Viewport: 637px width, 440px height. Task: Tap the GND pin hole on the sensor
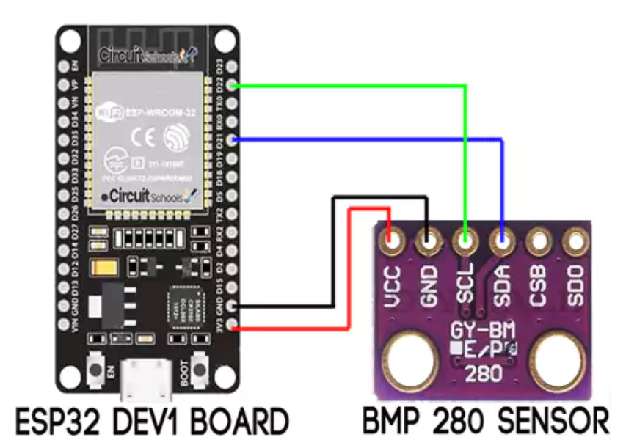pos(429,239)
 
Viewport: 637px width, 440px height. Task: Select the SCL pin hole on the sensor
pos(465,239)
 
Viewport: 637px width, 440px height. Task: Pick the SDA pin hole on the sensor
pos(502,239)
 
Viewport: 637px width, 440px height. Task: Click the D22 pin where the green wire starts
pos(233,86)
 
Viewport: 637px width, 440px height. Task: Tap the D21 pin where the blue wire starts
pos(233,139)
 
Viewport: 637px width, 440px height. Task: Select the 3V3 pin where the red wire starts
pos(233,323)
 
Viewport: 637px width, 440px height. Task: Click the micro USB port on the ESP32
pos(148,374)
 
